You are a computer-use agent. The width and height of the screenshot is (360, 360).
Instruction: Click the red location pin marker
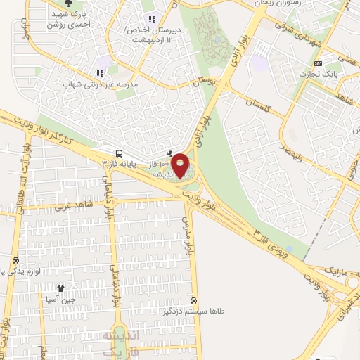tap(180, 166)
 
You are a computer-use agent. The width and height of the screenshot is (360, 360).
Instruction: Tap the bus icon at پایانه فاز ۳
tap(119, 153)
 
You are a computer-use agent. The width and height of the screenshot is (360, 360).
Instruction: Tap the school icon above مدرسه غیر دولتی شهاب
tap(100, 72)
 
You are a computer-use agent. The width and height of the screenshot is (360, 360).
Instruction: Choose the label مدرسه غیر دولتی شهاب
tap(102, 84)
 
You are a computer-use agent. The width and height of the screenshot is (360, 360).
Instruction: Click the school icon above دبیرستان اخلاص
tap(150, 20)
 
